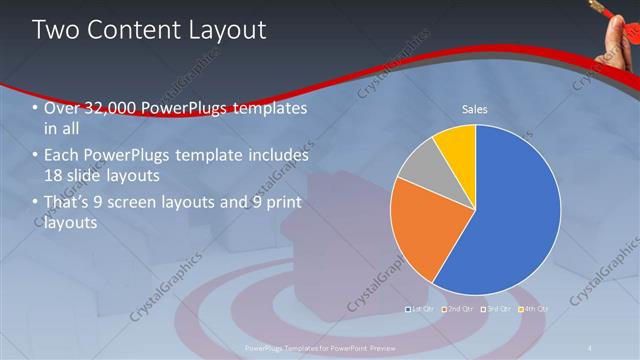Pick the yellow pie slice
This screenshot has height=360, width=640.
click(456, 143)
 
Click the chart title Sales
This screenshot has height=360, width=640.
click(474, 109)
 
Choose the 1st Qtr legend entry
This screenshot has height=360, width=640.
click(420, 309)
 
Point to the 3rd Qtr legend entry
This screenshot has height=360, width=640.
click(497, 309)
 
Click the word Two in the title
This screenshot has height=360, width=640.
click(56, 30)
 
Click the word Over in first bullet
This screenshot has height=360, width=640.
click(62, 108)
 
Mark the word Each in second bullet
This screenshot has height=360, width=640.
click(63, 156)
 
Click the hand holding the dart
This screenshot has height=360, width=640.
click(622, 35)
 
